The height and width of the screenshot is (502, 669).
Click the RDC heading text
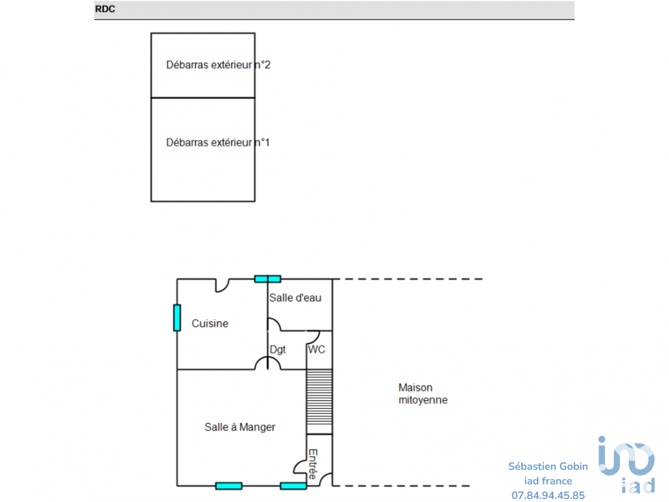[105, 9]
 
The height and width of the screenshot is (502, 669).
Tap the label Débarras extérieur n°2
[218, 65]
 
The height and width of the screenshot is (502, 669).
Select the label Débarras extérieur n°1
[218, 143]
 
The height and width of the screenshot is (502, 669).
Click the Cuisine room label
[210, 324]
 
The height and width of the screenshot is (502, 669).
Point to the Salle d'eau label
[295, 298]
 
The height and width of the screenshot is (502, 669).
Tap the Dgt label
[278, 349]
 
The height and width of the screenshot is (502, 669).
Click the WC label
[316, 349]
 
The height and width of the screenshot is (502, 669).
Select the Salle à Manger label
[240, 427]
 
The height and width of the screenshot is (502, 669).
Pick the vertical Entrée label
[313, 464]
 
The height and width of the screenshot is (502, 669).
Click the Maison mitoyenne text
[423, 394]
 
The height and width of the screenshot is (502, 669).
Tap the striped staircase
[319, 402]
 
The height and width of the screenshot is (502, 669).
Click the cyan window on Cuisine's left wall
[177, 318]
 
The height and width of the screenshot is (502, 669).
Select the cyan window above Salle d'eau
[268, 279]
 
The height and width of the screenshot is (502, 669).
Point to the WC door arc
[313, 337]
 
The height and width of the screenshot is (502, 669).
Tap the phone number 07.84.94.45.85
[548, 495]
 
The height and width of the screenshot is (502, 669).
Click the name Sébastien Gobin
[548, 466]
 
